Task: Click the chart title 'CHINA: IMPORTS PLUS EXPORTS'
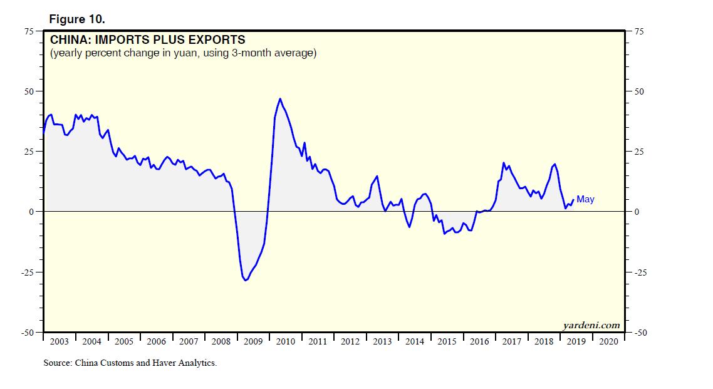pyautogui.click(x=147, y=41)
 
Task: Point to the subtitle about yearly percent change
pyautogui.click(x=184, y=53)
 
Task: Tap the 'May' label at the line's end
pyautogui.click(x=585, y=199)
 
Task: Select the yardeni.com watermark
pyautogui.click(x=591, y=325)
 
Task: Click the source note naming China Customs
pyautogui.click(x=130, y=363)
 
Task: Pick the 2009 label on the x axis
pyautogui.click(x=252, y=341)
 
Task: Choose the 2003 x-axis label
pyautogui.click(x=59, y=341)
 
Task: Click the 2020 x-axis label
pyautogui.click(x=608, y=341)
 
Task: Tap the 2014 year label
pyautogui.click(x=414, y=341)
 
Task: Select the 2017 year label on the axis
pyautogui.click(x=511, y=341)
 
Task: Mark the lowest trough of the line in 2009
pyautogui.click(x=246, y=280)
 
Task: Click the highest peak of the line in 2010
pyautogui.click(x=280, y=98)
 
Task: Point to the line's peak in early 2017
pyautogui.click(x=504, y=163)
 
